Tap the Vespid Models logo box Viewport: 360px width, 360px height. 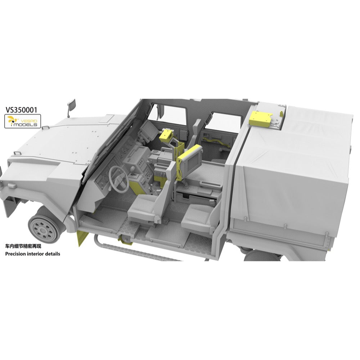[x=23, y=121]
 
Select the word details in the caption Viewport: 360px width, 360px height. [x=53, y=254]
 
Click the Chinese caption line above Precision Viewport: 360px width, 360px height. [x=23, y=246]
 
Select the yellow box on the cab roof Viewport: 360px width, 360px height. [x=261, y=119]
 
